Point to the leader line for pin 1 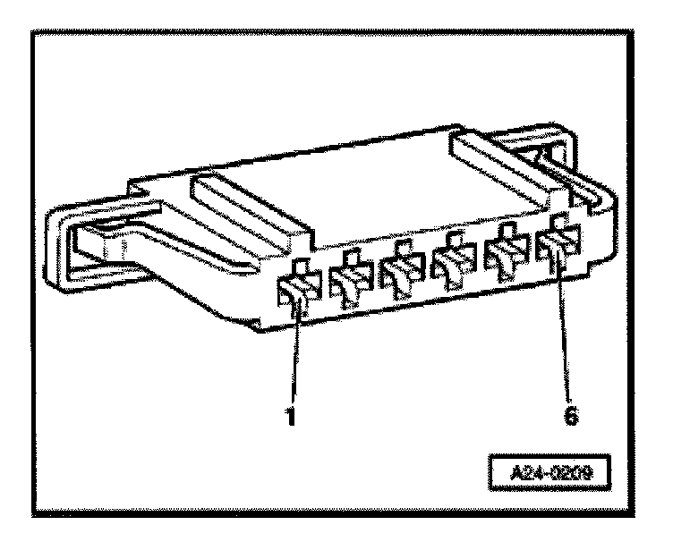(x=293, y=358)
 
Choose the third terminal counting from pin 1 (x=400, y=275)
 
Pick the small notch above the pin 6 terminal (x=561, y=221)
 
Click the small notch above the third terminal (x=404, y=247)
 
